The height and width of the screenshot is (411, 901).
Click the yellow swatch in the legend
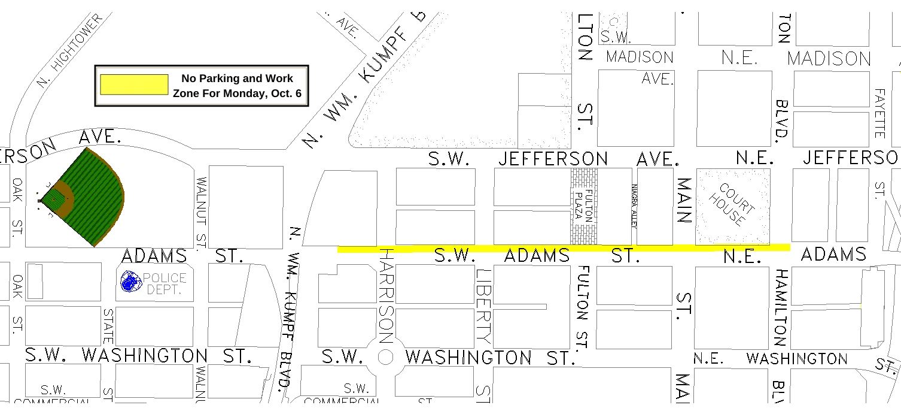coord(134,84)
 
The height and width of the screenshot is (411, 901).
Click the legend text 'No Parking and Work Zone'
coord(237,86)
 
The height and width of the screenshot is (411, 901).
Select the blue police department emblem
coord(129,282)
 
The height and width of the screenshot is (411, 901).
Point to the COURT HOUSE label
coord(733,205)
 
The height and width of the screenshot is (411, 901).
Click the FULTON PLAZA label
coord(583,207)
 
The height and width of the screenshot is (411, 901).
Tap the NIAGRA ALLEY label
coord(634,205)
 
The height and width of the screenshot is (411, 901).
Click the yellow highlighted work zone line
coord(562,247)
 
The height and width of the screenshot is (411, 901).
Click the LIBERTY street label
coord(483,306)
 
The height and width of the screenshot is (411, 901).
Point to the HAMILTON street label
coord(780,307)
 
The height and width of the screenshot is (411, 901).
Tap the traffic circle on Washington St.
coord(386,358)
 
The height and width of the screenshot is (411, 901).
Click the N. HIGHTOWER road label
coord(69,52)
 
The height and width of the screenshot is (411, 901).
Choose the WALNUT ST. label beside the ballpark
coord(201,213)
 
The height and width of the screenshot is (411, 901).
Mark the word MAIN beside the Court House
coord(684,200)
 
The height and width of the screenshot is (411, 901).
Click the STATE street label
coord(108,326)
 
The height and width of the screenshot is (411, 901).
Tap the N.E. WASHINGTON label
coord(771,359)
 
